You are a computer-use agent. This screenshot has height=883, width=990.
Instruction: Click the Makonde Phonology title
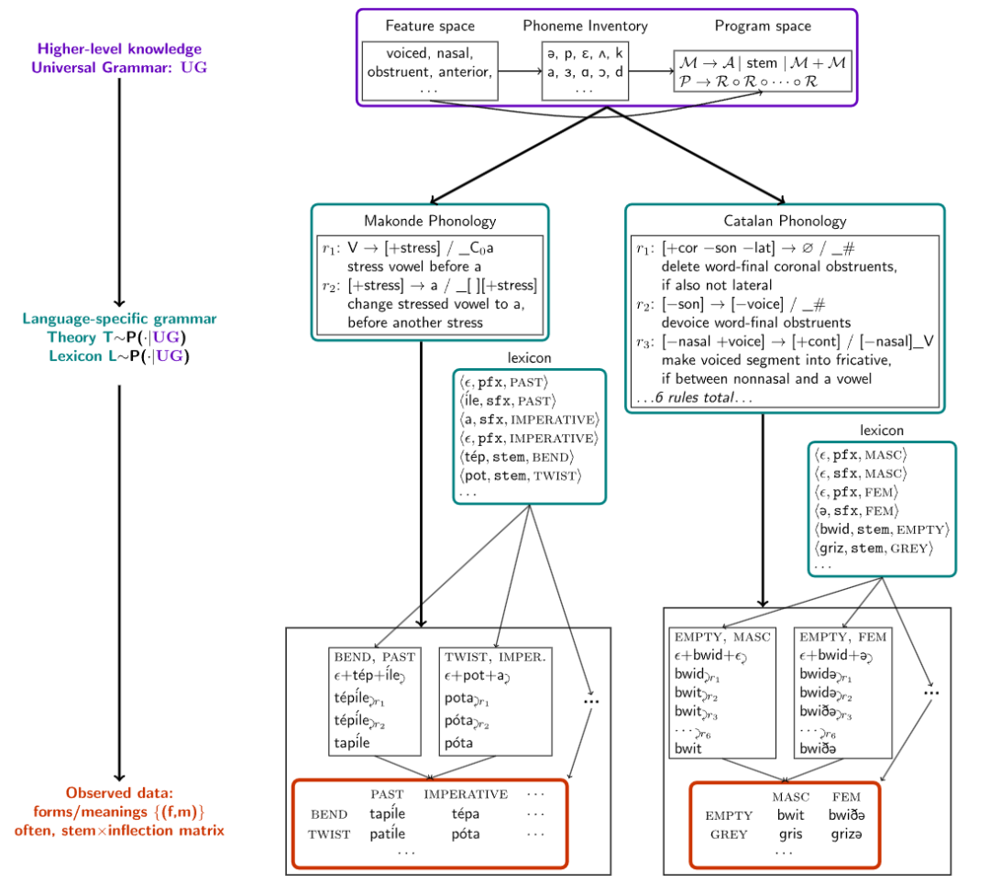[x=430, y=221]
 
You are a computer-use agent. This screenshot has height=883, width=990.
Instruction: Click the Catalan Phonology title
[x=785, y=221]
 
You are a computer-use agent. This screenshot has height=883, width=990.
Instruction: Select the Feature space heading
[x=430, y=26]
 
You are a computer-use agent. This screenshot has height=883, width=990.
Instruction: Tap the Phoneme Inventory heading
[x=585, y=26]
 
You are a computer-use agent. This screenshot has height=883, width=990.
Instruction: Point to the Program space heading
[x=763, y=26]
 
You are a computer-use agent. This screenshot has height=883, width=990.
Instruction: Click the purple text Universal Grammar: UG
[x=119, y=67]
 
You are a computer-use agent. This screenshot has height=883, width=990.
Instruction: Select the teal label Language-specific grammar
[x=119, y=319]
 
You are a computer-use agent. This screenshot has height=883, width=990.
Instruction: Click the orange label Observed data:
[x=119, y=793]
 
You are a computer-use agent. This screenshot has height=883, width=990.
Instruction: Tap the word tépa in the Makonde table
[x=466, y=813]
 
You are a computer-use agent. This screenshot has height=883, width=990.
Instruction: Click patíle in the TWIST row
[x=387, y=834]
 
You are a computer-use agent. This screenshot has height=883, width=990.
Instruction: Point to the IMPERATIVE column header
[x=466, y=794]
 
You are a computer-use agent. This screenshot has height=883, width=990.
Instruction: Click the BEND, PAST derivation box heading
[x=374, y=657]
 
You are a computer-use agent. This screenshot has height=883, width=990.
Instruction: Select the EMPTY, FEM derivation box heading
[x=842, y=637]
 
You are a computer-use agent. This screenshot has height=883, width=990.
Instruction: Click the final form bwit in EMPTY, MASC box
[x=687, y=747]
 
